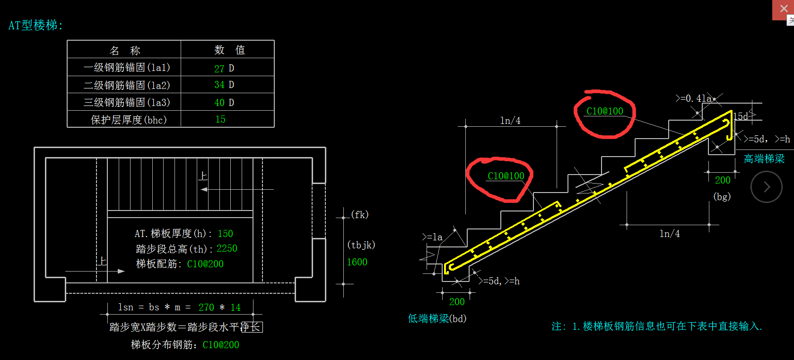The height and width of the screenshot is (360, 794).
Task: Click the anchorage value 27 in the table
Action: tap(219, 69)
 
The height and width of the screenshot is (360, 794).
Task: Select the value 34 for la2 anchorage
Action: tap(219, 85)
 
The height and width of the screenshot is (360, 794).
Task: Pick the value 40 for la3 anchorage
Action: tap(219, 103)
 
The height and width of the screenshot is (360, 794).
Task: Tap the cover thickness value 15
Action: tap(220, 120)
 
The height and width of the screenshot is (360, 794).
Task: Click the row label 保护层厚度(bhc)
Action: tap(129, 120)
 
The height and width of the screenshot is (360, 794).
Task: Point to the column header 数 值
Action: tap(229, 50)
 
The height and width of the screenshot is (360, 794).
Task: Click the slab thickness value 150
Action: tap(225, 234)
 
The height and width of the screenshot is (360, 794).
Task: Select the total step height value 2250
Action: tap(227, 249)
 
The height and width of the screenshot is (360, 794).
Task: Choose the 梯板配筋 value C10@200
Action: tap(205, 264)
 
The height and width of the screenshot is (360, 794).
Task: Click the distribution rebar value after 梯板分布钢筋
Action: tap(221, 345)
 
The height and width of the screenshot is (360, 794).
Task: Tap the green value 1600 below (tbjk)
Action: tap(357, 262)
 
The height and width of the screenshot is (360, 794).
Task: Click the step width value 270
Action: tap(206, 307)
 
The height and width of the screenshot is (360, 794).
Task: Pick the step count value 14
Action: tap(236, 307)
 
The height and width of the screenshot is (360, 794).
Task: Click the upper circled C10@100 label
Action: tap(605, 111)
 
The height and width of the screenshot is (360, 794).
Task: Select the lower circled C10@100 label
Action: tap(506, 176)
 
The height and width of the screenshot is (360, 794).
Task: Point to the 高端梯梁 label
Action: tap(764, 159)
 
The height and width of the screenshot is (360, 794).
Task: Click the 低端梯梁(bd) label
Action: tap(437, 319)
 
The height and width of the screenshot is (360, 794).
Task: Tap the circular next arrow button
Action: tap(767, 187)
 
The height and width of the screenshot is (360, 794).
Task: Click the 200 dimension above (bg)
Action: tap(723, 180)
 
